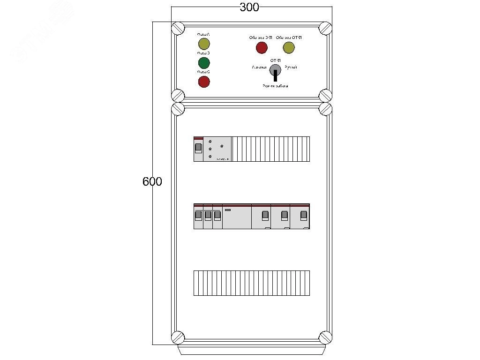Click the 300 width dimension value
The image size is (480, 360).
(x=249, y=7)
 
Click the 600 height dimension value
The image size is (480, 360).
(x=152, y=181)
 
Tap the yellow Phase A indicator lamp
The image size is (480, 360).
(x=204, y=44)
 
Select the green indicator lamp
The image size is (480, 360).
(x=204, y=63)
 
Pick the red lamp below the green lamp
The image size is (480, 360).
(x=204, y=82)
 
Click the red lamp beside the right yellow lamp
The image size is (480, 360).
(x=261, y=47)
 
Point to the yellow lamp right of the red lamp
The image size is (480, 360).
(x=288, y=47)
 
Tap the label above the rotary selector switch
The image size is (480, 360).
(x=276, y=61)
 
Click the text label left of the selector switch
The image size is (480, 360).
(x=259, y=67)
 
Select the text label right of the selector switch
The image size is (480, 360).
(x=291, y=67)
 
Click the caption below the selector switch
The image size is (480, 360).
(x=276, y=86)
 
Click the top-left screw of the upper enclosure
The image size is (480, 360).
(x=178, y=28)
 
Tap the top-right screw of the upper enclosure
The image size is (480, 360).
(x=325, y=28)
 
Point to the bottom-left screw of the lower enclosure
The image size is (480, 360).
(x=178, y=337)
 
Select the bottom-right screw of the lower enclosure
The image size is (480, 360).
(x=325, y=337)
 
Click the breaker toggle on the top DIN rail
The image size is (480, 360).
(x=198, y=149)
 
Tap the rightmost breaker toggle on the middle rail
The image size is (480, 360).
(x=304, y=215)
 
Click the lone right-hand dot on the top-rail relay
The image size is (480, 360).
(x=222, y=146)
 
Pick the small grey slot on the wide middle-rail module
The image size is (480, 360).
(x=228, y=210)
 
